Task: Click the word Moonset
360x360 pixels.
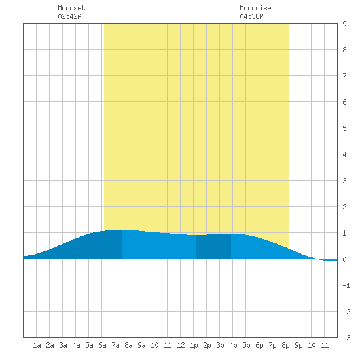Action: click(71, 8)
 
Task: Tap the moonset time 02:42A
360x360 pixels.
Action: click(69, 16)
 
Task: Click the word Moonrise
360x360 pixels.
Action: click(255, 8)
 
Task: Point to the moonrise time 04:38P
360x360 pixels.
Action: click(251, 16)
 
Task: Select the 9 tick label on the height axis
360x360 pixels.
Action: click(344, 24)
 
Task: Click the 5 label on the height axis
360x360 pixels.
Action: click(344, 128)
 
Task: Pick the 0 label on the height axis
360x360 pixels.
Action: click(344, 259)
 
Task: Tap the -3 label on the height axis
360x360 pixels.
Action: click(346, 338)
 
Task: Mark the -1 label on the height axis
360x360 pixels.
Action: click(346, 285)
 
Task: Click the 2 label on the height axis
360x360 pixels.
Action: click(344, 207)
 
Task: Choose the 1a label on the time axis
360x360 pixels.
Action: click(37, 345)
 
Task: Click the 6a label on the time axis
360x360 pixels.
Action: click(102, 345)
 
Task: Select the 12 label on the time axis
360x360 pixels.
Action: click(181, 345)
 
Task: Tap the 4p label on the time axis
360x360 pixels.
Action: click(233, 345)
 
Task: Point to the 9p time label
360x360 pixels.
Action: click(298, 345)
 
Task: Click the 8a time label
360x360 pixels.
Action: click(128, 345)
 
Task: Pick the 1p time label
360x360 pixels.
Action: click(194, 345)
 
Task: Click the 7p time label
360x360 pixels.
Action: click(272, 345)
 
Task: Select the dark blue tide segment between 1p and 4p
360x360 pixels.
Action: click(213, 247)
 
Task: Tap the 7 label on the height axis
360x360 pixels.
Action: click(344, 76)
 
